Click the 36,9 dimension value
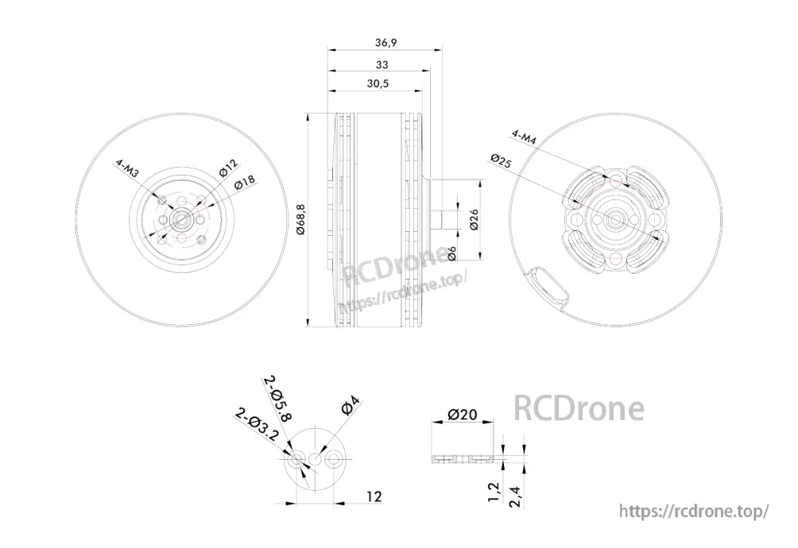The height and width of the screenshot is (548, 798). click(384, 42)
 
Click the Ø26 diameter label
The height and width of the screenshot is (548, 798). click(474, 219)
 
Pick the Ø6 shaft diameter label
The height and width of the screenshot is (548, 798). click(451, 253)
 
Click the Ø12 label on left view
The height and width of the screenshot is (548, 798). click(228, 168)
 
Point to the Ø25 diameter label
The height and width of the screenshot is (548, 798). click(501, 160)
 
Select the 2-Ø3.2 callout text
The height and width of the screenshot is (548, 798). click(257, 425)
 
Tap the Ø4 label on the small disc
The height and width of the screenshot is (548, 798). click(350, 407)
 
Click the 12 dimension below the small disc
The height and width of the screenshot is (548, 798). click(374, 496)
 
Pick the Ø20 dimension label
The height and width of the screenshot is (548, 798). click(462, 415)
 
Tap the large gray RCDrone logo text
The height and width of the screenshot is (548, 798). click(579, 408)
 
